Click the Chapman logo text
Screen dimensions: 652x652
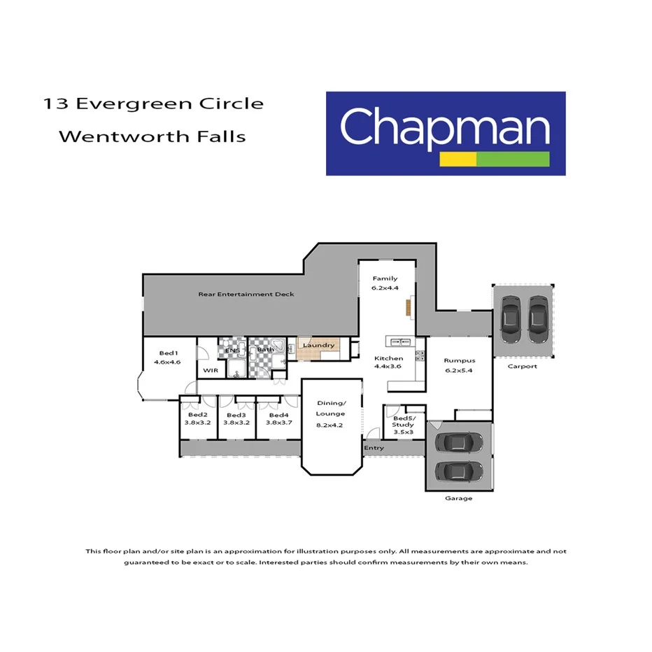pyautogui.click(x=444, y=127)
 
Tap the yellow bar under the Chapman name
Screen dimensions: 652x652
pyautogui.click(x=458, y=159)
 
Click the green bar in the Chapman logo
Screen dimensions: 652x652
pyautogui.click(x=512, y=159)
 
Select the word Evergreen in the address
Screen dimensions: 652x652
pyautogui.click(x=148, y=104)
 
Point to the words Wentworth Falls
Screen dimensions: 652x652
pyautogui.click(x=152, y=136)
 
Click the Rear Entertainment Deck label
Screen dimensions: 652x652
pyautogui.click(x=246, y=295)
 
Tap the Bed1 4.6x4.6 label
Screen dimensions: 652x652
pyautogui.click(x=168, y=357)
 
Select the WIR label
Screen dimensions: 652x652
pyautogui.click(x=208, y=370)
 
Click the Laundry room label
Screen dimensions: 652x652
pyautogui.click(x=318, y=346)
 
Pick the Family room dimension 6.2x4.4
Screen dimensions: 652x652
pyautogui.click(x=385, y=288)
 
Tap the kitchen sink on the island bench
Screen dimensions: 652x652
pyautogui.click(x=401, y=341)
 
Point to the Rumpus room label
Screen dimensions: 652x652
pyautogui.click(x=460, y=361)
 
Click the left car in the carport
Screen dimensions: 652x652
pyautogui.click(x=511, y=318)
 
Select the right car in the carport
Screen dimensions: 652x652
pyautogui.click(x=537, y=318)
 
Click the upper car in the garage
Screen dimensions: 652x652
pyautogui.click(x=458, y=442)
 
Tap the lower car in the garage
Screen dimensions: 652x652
pyautogui.click(x=458, y=470)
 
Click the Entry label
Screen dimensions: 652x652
pyautogui.click(x=374, y=448)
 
